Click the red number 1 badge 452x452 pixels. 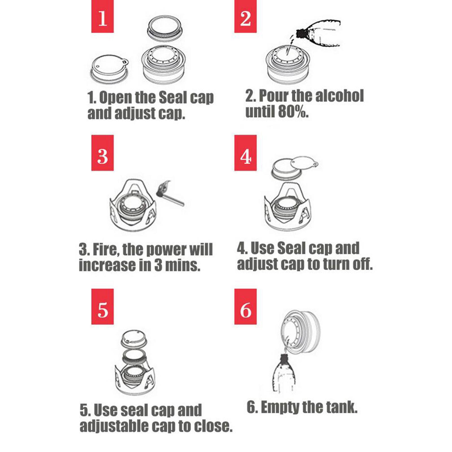tap(102, 16)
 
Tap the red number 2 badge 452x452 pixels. tap(245, 16)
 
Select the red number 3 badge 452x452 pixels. tap(102, 153)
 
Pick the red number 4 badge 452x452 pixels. tap(245, 153)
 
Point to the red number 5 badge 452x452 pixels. tap(102, 307)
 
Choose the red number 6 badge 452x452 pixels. tap(245, 307)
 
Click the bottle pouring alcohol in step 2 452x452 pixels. tap(318, 33)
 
